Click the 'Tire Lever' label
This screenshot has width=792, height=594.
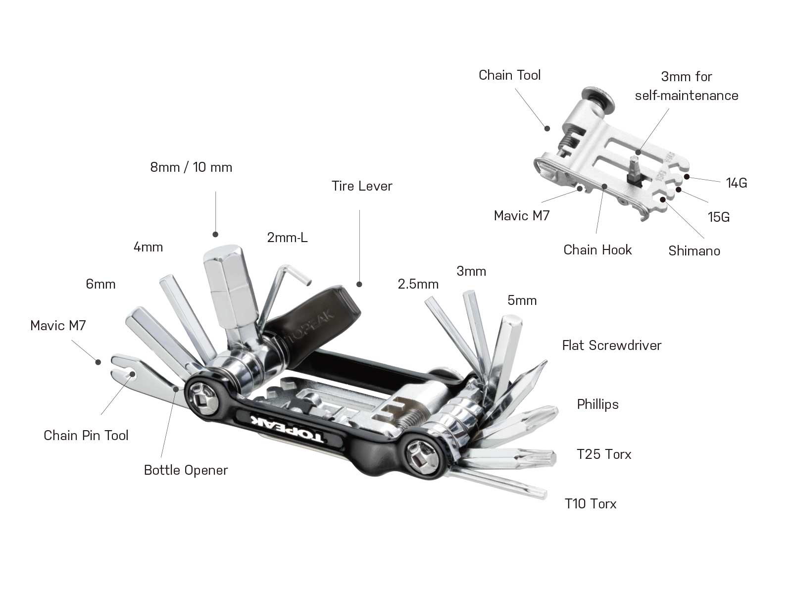362,186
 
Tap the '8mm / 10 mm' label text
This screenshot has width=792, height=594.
191,167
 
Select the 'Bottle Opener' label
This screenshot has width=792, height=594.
186,470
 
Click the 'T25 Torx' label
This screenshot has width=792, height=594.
604,454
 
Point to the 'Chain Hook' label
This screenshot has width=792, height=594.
597,249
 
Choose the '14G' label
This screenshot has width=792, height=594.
736,183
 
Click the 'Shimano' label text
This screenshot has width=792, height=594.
694,251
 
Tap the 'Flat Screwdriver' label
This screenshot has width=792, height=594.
611,346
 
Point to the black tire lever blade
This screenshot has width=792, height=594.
317,312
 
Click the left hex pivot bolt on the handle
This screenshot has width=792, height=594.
204,397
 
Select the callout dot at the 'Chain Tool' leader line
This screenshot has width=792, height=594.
547,129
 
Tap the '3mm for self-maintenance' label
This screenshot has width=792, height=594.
687,86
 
